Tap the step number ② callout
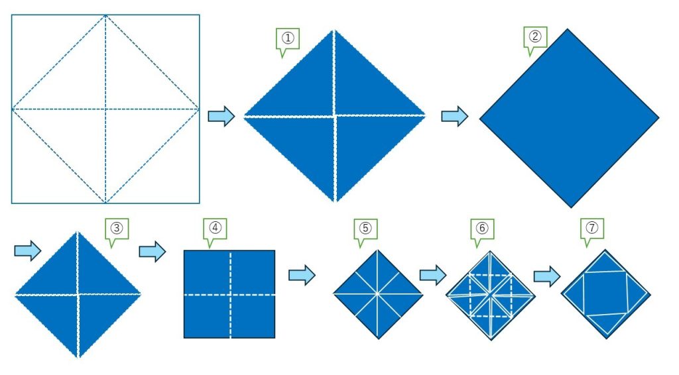tap(535, 37)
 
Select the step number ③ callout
tap(117, 229)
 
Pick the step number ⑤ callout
tap(365, 229)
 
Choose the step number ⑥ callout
tap(483, 229)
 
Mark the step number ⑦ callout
tap(592, 229)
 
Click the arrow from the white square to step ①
tap(221, 117)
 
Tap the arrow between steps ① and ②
tap(455, 117)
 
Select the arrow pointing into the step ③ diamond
tap(28, 250)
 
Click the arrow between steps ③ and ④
tap(153, 251)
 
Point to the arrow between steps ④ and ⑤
tap(302, 275)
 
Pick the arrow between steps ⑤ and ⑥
tap(432, 275)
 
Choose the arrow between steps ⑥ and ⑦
tap(547, 276)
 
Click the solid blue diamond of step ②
tap(569, 118)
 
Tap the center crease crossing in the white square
tap(105, 109)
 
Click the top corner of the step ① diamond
tap(334, 30)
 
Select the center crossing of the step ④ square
tap(230, 295)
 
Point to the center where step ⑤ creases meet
tap(377, 294)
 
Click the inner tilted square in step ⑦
tap(606, 294)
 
